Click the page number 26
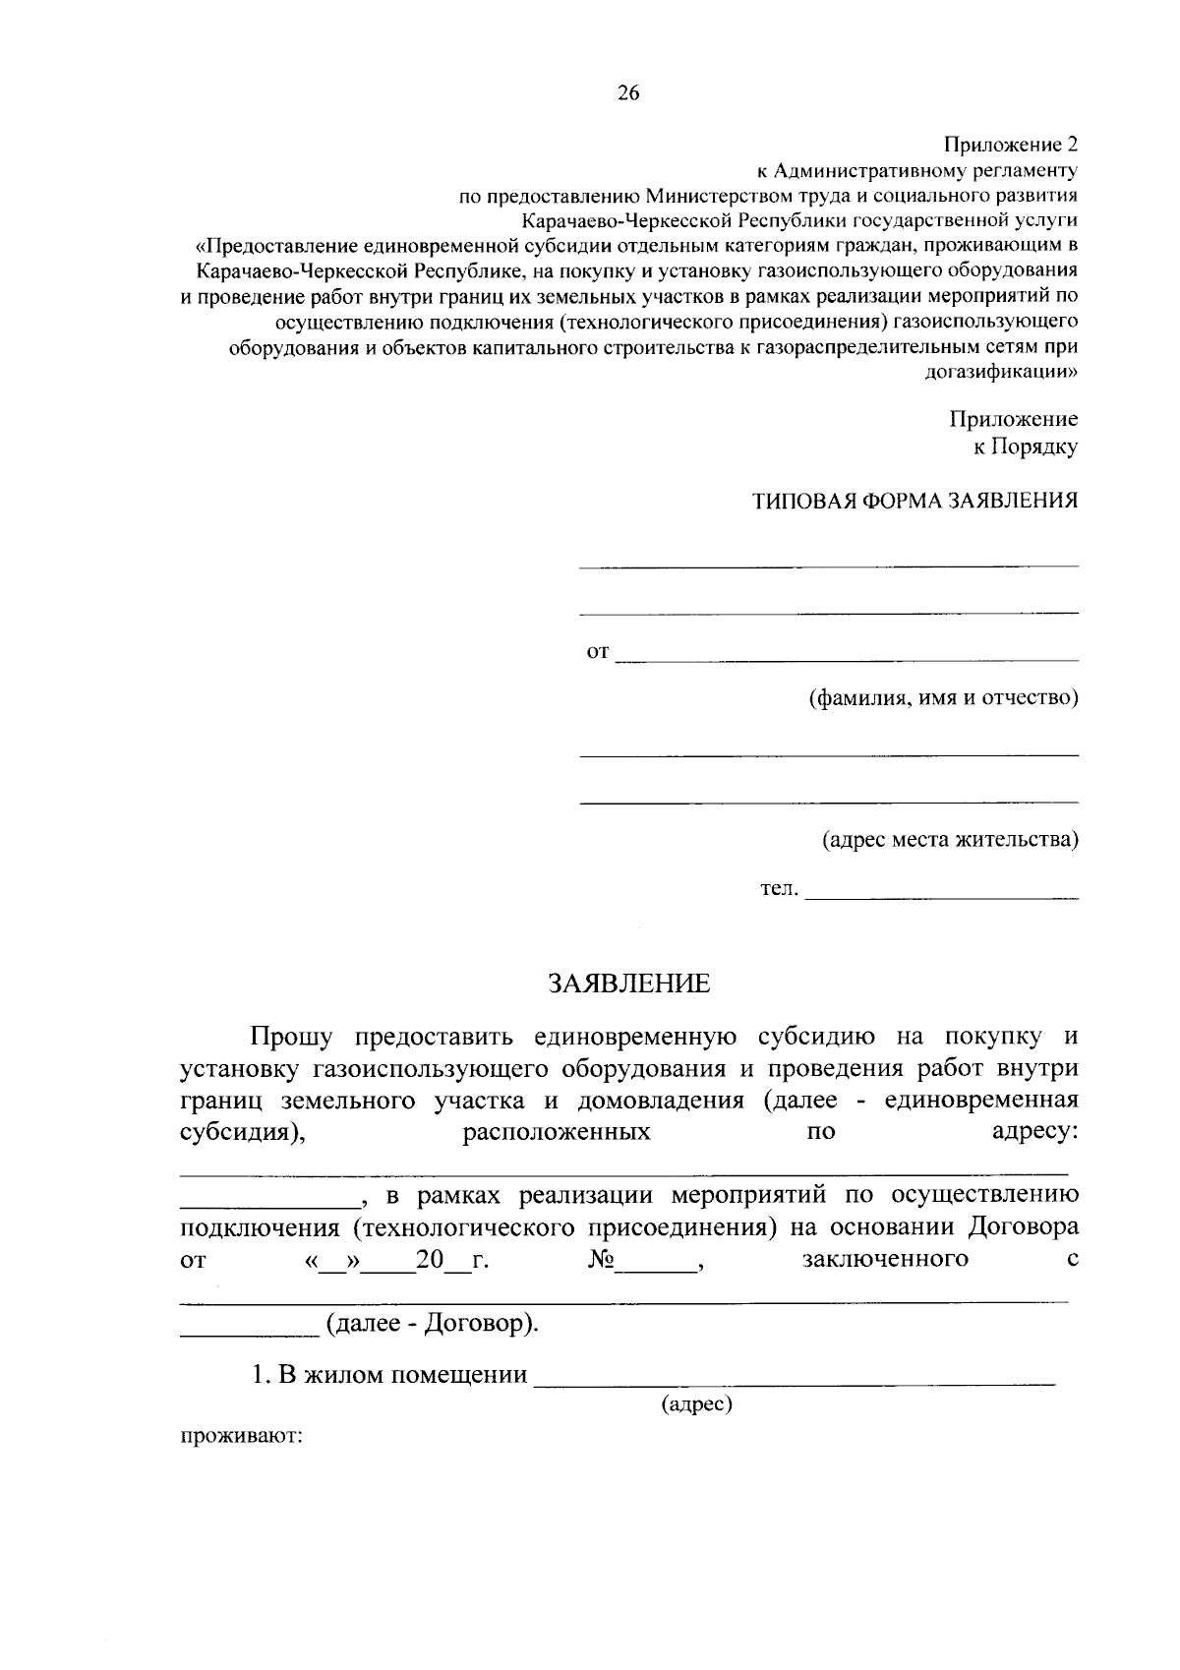[628, 93]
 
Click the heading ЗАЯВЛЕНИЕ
[628, 984]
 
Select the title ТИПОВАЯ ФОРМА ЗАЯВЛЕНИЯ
[914, 501]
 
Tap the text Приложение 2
[1011, 145]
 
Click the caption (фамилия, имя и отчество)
[943, 698]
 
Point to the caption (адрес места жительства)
[950, 840]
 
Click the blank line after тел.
[941, 893]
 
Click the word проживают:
[241, 1436]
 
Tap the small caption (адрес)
[697, 1403]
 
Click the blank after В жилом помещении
[794, 1378]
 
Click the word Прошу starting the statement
[292, 1037]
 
